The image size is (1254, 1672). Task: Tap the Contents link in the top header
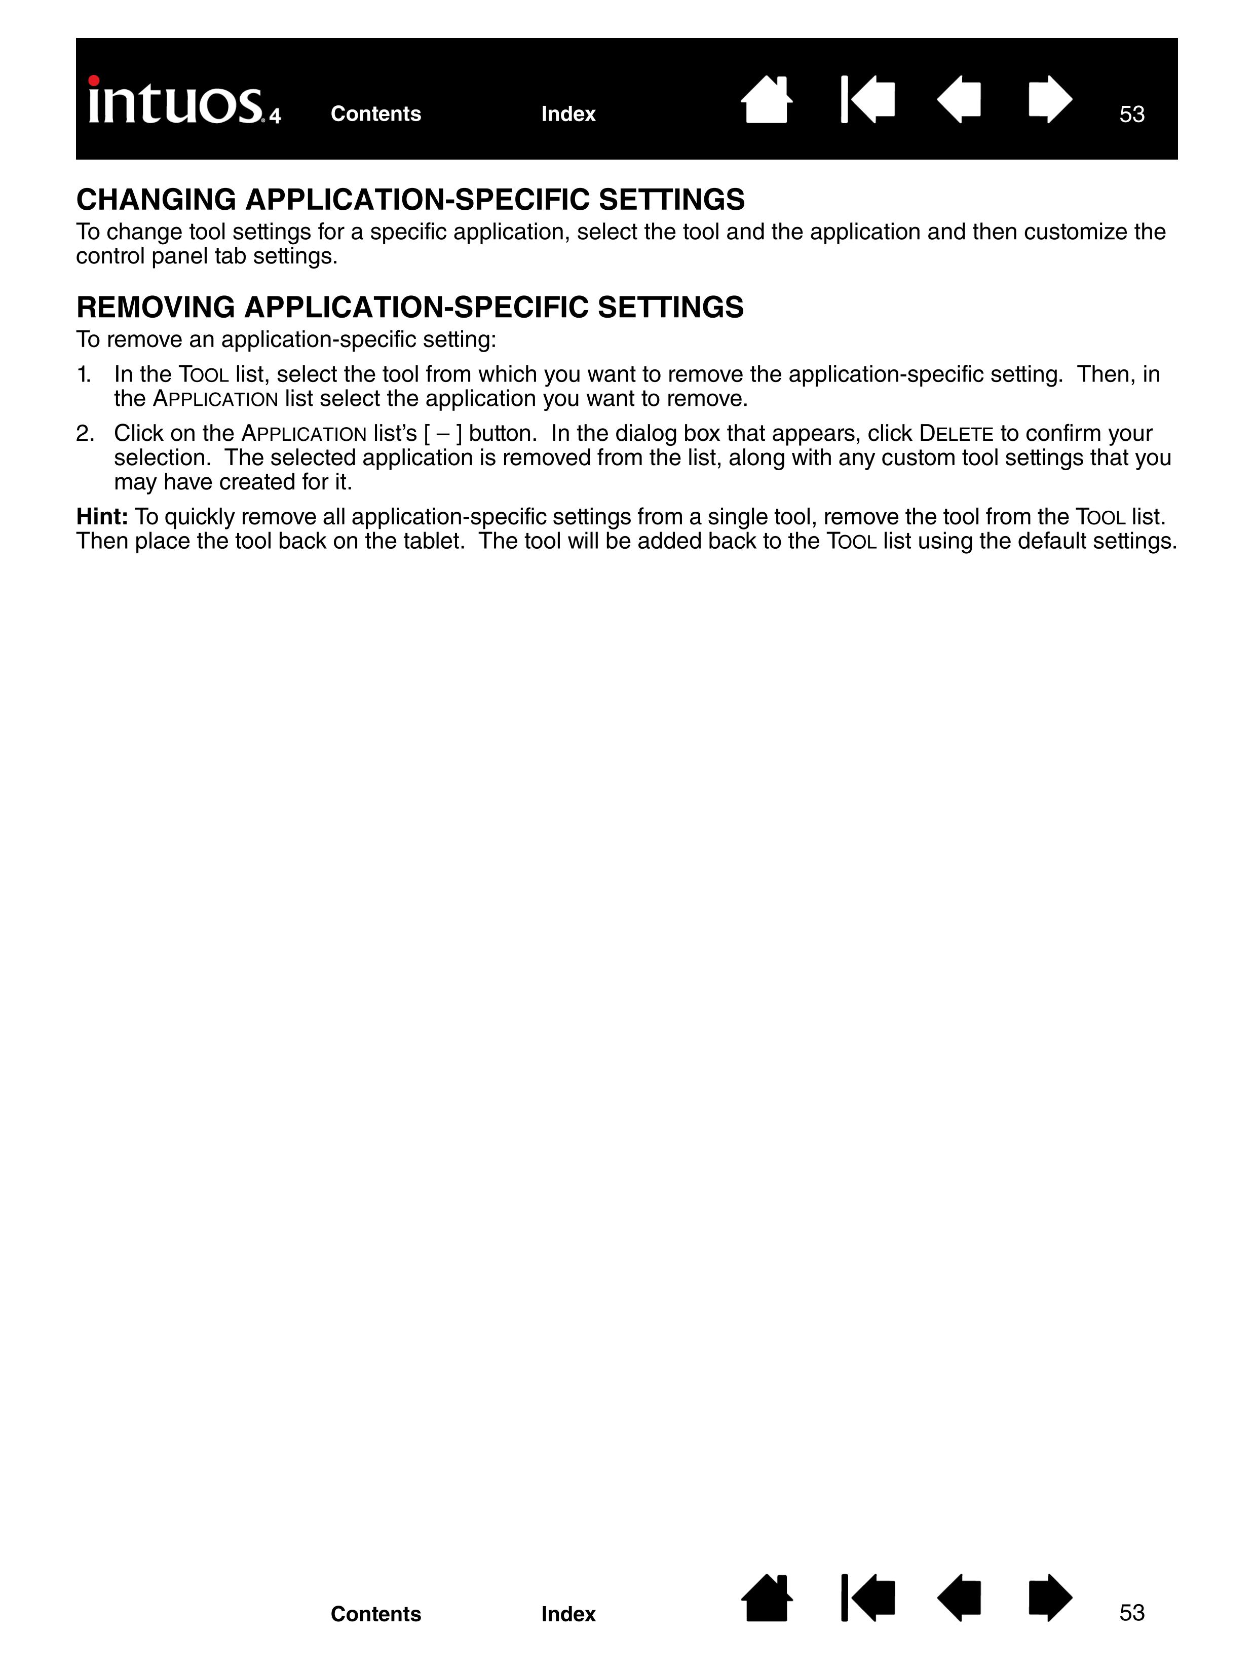tap(375, 114)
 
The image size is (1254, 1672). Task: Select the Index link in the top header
tap(567, 114)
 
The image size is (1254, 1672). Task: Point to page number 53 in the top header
tap(1131, 114)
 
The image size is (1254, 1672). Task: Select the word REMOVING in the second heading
tap(156, 308)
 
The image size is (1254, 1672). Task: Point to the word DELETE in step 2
tap(956, 434)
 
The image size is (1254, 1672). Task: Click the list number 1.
tap(84, 375)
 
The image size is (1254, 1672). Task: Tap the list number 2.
tap(85, 434)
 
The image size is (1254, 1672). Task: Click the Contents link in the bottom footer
tap(375, 1614)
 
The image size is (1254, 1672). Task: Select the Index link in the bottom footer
tap(567, 1614)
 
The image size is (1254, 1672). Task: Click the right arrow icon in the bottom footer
tap(1050, 1598)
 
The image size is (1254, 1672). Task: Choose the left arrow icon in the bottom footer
tap(959, 1598)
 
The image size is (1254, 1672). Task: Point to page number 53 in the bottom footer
tap(1131, 1613)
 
